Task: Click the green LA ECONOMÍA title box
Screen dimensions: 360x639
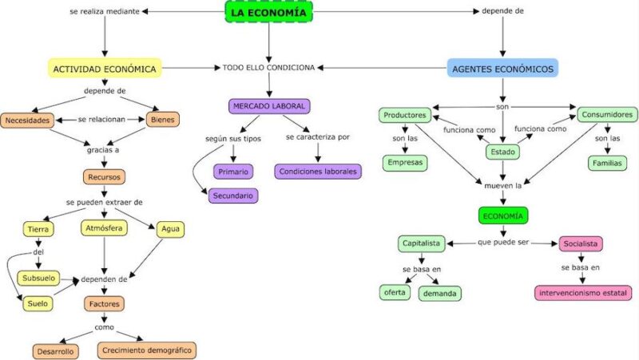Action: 268,11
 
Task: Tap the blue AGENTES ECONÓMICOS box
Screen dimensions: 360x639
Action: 502,69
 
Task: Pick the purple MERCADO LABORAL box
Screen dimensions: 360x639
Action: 269,105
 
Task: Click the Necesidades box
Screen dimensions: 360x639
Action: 28,121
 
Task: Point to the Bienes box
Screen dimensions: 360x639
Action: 163,121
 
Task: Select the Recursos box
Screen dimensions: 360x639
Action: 104,176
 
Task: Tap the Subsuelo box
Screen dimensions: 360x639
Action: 38,278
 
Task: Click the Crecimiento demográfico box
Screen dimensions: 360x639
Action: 147,350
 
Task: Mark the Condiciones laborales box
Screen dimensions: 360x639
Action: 318,171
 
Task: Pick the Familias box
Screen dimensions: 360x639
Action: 608,163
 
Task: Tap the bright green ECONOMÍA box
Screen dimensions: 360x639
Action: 503,215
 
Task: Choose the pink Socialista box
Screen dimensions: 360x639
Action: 581,243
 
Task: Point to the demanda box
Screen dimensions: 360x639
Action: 439,293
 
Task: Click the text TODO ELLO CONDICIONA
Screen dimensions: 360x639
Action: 268,68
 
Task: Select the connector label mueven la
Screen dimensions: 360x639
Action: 502,186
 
